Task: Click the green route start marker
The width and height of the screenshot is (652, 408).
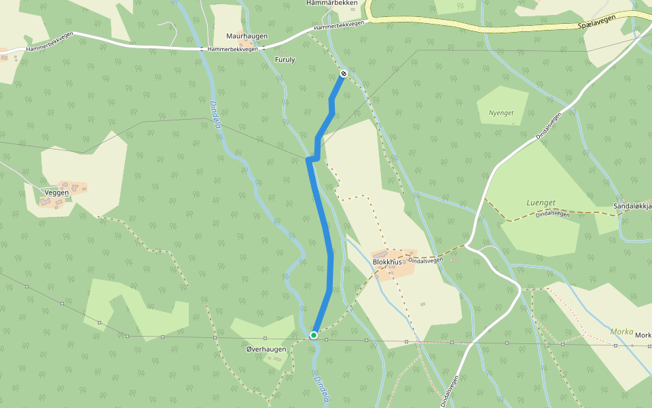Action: click(x=314, y=335)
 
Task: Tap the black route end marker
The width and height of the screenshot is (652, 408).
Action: click(x=344, y=73)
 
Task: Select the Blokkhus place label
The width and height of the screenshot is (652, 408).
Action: click(x=387, y=261)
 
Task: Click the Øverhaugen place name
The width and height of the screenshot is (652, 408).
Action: click(x=266, y=349)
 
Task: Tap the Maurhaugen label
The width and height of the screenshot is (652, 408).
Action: click(x=247, y=36)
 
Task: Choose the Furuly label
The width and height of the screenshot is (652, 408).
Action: click(x=285, y=60)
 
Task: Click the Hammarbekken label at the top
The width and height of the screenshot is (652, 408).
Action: click(x=331, y=3)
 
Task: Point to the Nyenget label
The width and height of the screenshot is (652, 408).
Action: click(x=501, y=112)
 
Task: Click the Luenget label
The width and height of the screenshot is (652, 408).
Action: click(x=541, y=203)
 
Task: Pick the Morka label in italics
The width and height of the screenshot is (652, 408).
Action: click(x=621, y=332)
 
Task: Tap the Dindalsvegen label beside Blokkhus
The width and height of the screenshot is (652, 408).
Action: click(x=426, y=260)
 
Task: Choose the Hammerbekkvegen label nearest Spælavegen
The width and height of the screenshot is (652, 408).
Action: click(x=339, y=26)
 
